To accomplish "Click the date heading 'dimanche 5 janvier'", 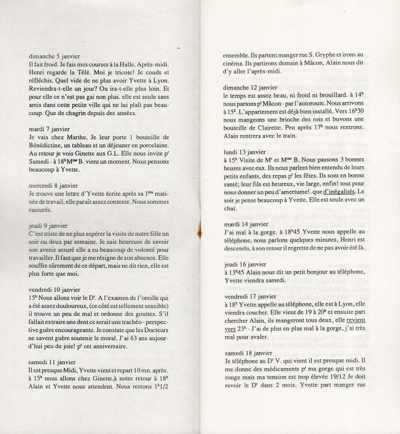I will (54, 56).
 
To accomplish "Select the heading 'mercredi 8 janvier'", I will (53, 185).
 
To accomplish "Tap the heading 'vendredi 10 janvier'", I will (54, 290).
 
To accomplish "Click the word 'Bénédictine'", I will (46, 145).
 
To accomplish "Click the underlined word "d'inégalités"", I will (339, 192).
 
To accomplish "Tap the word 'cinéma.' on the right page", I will (234, 64).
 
